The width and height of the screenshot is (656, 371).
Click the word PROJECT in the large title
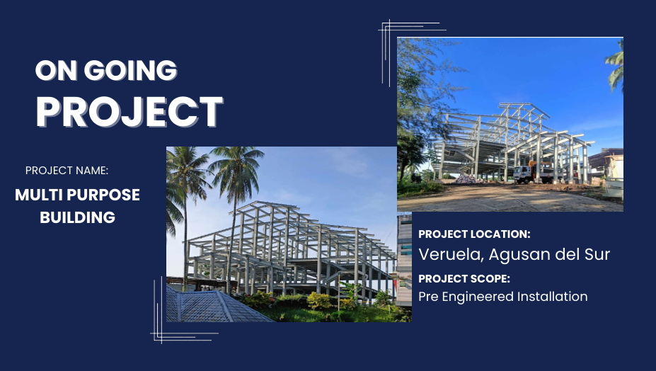pyautogui.click(x=130, y=111)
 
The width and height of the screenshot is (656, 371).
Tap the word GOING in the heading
pyautogui.click(x=130, y=70)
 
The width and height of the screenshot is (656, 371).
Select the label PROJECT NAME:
pyautogui.click(x=67, y=171)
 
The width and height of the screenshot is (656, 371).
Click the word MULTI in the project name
pyautogui.click(x=38, y=195)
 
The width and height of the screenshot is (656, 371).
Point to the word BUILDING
pyautogui.click(x=77, y=217)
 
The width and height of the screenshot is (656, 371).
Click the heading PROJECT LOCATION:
pyautogui.click(x=474, y=234)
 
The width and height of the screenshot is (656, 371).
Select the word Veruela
pyautogui.click(x=451, y=255)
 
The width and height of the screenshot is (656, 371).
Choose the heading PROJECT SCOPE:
pyautogui.click(x=464, y=278)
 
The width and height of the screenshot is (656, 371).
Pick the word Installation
pyautogui.click(x=553, y=297)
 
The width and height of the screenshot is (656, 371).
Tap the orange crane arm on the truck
pyautogui.click(x=537, y=164)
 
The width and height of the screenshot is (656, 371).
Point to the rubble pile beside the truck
pyautogui.click(x=467, y=179)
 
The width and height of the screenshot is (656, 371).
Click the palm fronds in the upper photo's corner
pyautogui.click(x=615, y=65)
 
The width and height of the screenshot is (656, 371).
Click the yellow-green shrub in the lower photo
pyautogui.click(x=318, y=301)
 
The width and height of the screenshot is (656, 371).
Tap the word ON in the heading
pyautogui.click(x=57, y=70)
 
